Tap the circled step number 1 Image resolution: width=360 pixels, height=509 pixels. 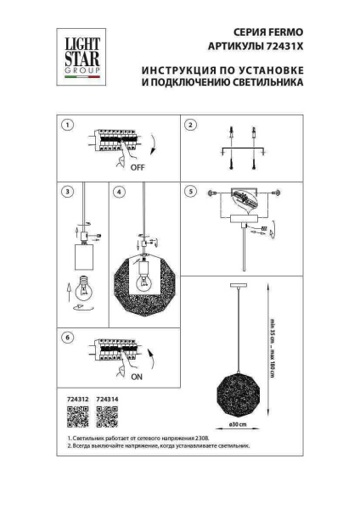click(67, 126)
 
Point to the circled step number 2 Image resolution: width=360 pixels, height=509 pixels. click(191, 126)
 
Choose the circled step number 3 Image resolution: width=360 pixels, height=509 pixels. click(67, 193)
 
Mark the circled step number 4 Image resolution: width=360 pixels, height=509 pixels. click(120, 193)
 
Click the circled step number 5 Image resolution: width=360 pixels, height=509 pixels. click(191, 193)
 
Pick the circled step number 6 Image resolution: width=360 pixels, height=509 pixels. click(67, 338)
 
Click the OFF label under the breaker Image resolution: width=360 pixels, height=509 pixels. click(138, 168)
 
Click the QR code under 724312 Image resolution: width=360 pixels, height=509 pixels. click(76, 417)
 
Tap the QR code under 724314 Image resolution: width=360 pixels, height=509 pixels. click(107, 417)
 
